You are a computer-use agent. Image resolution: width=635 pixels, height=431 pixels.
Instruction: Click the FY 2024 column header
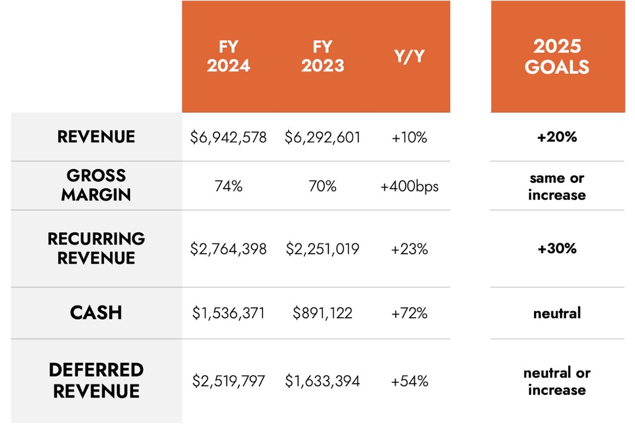(x=229, y=56)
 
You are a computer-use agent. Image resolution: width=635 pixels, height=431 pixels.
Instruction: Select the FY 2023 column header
(x=323, y=56)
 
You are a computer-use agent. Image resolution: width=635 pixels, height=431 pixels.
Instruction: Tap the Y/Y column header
(x=409, y=57)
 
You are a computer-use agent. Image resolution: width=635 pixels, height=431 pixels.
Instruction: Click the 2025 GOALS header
(x=557, y=57)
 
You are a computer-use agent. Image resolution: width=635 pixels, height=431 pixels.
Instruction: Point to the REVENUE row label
(x=96, y=137)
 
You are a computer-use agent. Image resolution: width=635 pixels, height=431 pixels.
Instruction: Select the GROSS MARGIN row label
(x=96, y=185)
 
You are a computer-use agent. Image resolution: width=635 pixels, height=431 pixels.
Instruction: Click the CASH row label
(x=96, y=313)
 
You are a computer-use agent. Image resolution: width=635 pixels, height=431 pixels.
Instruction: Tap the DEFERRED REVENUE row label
(x=96, y=380)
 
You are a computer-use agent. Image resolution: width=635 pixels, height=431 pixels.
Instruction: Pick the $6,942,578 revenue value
(x=229, y=138)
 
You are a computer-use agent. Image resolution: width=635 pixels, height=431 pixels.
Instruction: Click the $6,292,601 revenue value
(x=323, y=138)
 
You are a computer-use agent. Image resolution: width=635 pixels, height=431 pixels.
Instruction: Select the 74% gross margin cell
(x=229, y=186)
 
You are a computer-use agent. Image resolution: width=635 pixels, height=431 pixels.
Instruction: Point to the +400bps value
(x=409, y=186)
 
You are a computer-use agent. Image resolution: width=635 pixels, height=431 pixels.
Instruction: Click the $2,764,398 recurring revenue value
(x=229, y=249)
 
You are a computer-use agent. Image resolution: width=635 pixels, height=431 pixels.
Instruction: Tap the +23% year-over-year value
(x=409, y=249)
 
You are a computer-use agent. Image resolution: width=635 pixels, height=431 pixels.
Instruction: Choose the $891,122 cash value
(x=323, y=314)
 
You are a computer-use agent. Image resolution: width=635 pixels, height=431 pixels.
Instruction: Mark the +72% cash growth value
(x=409, y=314)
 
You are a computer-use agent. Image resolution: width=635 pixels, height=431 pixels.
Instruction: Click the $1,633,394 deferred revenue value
(x=323, y=382)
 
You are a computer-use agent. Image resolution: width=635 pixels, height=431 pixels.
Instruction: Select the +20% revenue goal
(x=557, y=138)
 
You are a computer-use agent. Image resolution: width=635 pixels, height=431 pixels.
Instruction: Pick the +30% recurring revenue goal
(x=557, y=249)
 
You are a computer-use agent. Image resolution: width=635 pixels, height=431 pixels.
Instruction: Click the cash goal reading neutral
(x=557, y=314)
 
